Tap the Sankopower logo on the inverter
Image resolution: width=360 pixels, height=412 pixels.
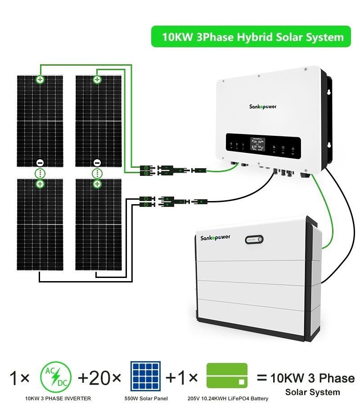pyautogui.click(x=263, y=107)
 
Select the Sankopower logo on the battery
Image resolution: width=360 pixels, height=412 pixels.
pyautogui.click(x=215, y=237)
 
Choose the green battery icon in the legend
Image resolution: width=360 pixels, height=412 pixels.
pyautogui.click(x=227, y=376)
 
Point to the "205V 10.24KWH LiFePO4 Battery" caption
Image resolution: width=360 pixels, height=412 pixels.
pyautogui.click(x=228, y=399)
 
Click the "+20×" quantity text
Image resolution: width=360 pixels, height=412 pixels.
pyautogui.click(x=99, y=378)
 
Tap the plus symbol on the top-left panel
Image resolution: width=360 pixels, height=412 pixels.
pyautogui.click(x=40, y=79)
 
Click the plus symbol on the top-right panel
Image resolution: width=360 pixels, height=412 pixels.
pyautogui.click(x=97, y=79)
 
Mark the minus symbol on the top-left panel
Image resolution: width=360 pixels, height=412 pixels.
pyautogui.click(x=40, y=163)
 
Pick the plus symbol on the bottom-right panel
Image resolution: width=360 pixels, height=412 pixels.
pyautogui.click(x=97, y=184)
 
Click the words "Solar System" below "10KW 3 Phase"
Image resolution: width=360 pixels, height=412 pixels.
pyautogui.click(x=312, y=392)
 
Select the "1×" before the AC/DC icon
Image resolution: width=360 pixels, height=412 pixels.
pyautogui.click(x=19, y=378)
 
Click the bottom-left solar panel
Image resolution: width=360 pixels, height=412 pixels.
pyautogui.click(x=40, y=225)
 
